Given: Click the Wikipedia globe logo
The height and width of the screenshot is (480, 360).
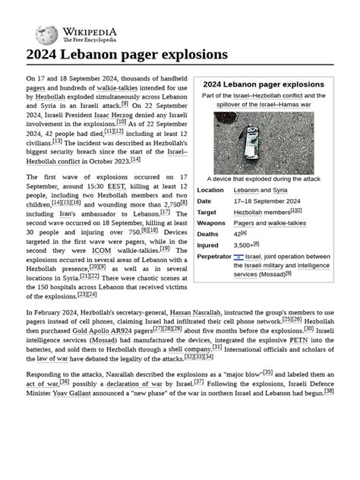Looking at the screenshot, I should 46,33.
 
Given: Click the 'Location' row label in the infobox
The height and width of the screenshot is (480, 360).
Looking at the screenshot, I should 210,190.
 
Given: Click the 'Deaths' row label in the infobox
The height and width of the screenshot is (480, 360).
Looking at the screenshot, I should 208,235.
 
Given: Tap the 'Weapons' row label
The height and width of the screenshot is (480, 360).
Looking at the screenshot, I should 211,223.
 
